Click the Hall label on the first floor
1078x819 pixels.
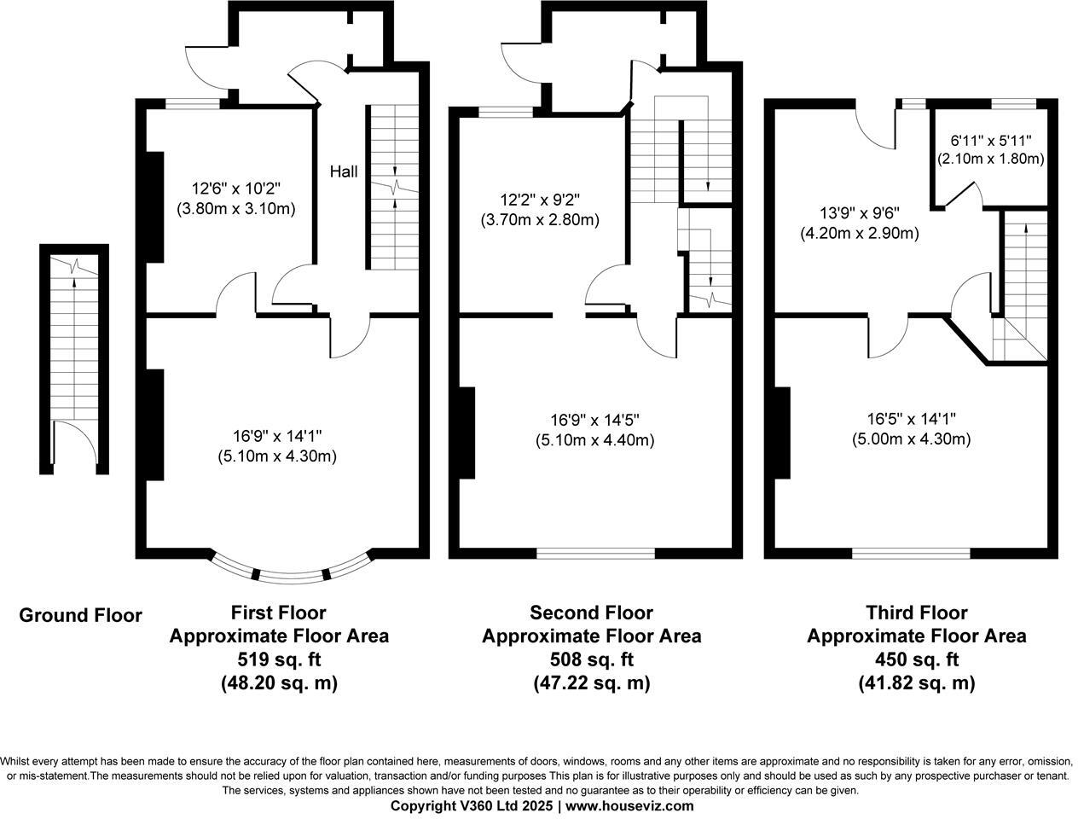click(344, 171)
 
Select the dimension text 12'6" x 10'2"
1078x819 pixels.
click(235, 188)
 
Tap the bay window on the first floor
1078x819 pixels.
click(292, 572)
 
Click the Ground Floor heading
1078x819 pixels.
click(80, 615)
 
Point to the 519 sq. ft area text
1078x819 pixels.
click(279, 659)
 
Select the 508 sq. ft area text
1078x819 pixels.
click(591, 659)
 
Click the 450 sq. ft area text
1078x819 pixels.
click(916, 659)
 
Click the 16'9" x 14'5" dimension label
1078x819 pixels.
click(594, 420)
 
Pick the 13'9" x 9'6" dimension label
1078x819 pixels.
click(859, 213)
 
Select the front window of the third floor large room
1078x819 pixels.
click(911, 553)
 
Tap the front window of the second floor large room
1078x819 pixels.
click(595, 553)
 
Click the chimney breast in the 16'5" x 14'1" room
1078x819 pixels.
click(782, 433)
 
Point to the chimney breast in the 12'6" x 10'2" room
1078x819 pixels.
click(154, 207)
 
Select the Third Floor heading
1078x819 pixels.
click(916, 613)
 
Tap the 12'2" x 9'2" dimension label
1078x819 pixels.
click(540, 200)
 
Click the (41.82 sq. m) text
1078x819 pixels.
click(916, 683)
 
